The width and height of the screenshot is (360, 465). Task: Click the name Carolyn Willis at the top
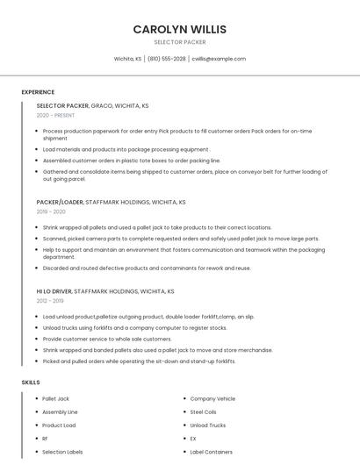click(x=179, y=29)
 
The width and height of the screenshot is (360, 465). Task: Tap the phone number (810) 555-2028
click(x=167, y=59)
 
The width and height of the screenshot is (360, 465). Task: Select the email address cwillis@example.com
click(x=219, y=59)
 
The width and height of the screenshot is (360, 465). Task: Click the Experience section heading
click(x=38, y=92)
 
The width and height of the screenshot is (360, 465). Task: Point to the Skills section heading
click(x=31, y=383)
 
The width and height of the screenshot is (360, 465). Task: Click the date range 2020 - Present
click(x=55, y=115)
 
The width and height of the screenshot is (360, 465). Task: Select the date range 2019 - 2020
click(x=51, y=211)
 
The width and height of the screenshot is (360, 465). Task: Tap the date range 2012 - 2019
click(x=51, y=300)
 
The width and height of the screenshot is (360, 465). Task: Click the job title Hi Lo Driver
click(x=54, y=290)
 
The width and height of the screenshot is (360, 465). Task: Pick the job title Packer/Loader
click(x=60, y=202)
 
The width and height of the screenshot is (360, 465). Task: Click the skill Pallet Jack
click(x=55, y=398)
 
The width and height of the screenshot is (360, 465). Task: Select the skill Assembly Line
click(x=60, y=411)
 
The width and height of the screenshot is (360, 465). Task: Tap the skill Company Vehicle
click(x=212, y=398)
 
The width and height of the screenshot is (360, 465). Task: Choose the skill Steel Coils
click(x=203, y=411)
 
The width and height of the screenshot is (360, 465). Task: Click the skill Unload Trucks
click(x=207, y=425)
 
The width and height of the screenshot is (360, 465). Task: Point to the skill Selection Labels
click(x=62, y=452)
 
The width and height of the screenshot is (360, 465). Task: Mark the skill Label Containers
click(x=211, y=452)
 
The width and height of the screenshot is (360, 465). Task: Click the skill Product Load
click(x=59, y=425)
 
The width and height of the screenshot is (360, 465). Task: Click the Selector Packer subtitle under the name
click(x=179, y=41)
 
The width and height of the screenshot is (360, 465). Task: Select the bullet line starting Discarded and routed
click(x=147, y=268)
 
